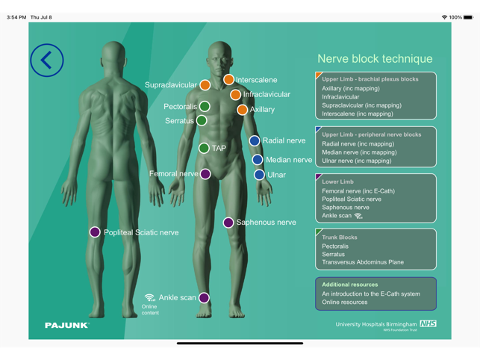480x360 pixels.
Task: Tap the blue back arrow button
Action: pyautogui.click(x=47, y=60)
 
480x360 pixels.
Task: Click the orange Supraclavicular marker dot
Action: pyautogui.click(x=205, y=85)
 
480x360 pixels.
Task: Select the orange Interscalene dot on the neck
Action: pyautogui.click(x=228, y=80)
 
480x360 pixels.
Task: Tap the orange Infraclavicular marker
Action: pyautogui.click(x=235, y=95)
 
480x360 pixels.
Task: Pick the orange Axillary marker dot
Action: pyautogui.click(x=242, y=110)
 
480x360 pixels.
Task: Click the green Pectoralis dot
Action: pyautogui.click(x=205, y=107)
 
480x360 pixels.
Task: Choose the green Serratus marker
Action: pyautogui.click(x=202, y=120)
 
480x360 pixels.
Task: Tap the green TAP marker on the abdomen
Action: pyautogui.click(x=204, y=148)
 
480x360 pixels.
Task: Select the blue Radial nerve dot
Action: pyautogui.click(x=255, y=140)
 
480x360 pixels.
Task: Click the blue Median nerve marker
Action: pyautogui.click(x=258, y=159)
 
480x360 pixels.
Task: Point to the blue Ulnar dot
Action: pyautogui.click(x=259, y=175)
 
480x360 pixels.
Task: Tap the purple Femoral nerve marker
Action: pyautogui.click(x=205, y=174)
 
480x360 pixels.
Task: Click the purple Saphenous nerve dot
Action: pyautogui.click(x=228, y=223)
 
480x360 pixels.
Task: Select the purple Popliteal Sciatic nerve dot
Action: pyautogui.click(x=95, y=232)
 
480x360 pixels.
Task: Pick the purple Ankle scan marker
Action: pyautogui.click(x=204, y=297)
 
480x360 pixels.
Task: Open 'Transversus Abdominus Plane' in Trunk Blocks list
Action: pyautogui.click(x=363, y=262)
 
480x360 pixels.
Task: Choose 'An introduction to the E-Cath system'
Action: pyautogui.click(x=371, y=294)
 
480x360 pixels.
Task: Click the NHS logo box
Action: pyautogui.click(x=428, y=323)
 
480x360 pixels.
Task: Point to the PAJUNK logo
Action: pyautogui.click(x=66, y=326)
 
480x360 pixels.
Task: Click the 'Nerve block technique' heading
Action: pyautogui.click(x=375, y=59)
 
